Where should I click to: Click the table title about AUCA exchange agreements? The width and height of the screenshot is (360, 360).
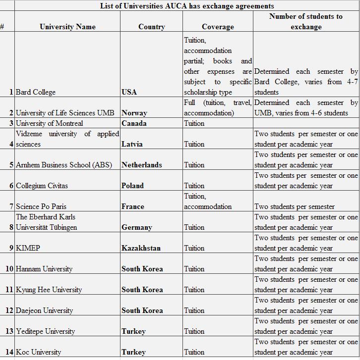[x=186, y=6]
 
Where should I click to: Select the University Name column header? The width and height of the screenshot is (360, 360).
[x=67, y=27]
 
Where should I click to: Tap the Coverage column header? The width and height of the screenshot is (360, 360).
[x=218, y=27]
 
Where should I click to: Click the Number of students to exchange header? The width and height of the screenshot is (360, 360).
[x=306, y=21]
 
